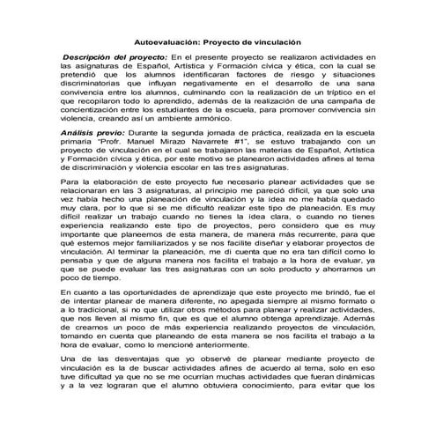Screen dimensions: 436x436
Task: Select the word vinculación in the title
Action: (276, 41)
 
